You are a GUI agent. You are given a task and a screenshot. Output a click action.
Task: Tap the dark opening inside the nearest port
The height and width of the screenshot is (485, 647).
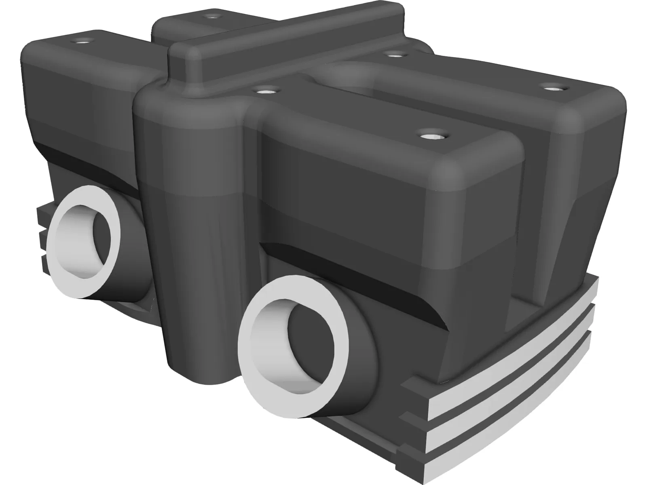click(x=307, y=348)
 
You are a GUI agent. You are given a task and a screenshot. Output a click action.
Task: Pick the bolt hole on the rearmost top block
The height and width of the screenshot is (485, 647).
click(x=211, y=17)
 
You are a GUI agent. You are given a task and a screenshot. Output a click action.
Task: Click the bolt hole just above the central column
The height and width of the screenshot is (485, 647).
click(x=265, y=89)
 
